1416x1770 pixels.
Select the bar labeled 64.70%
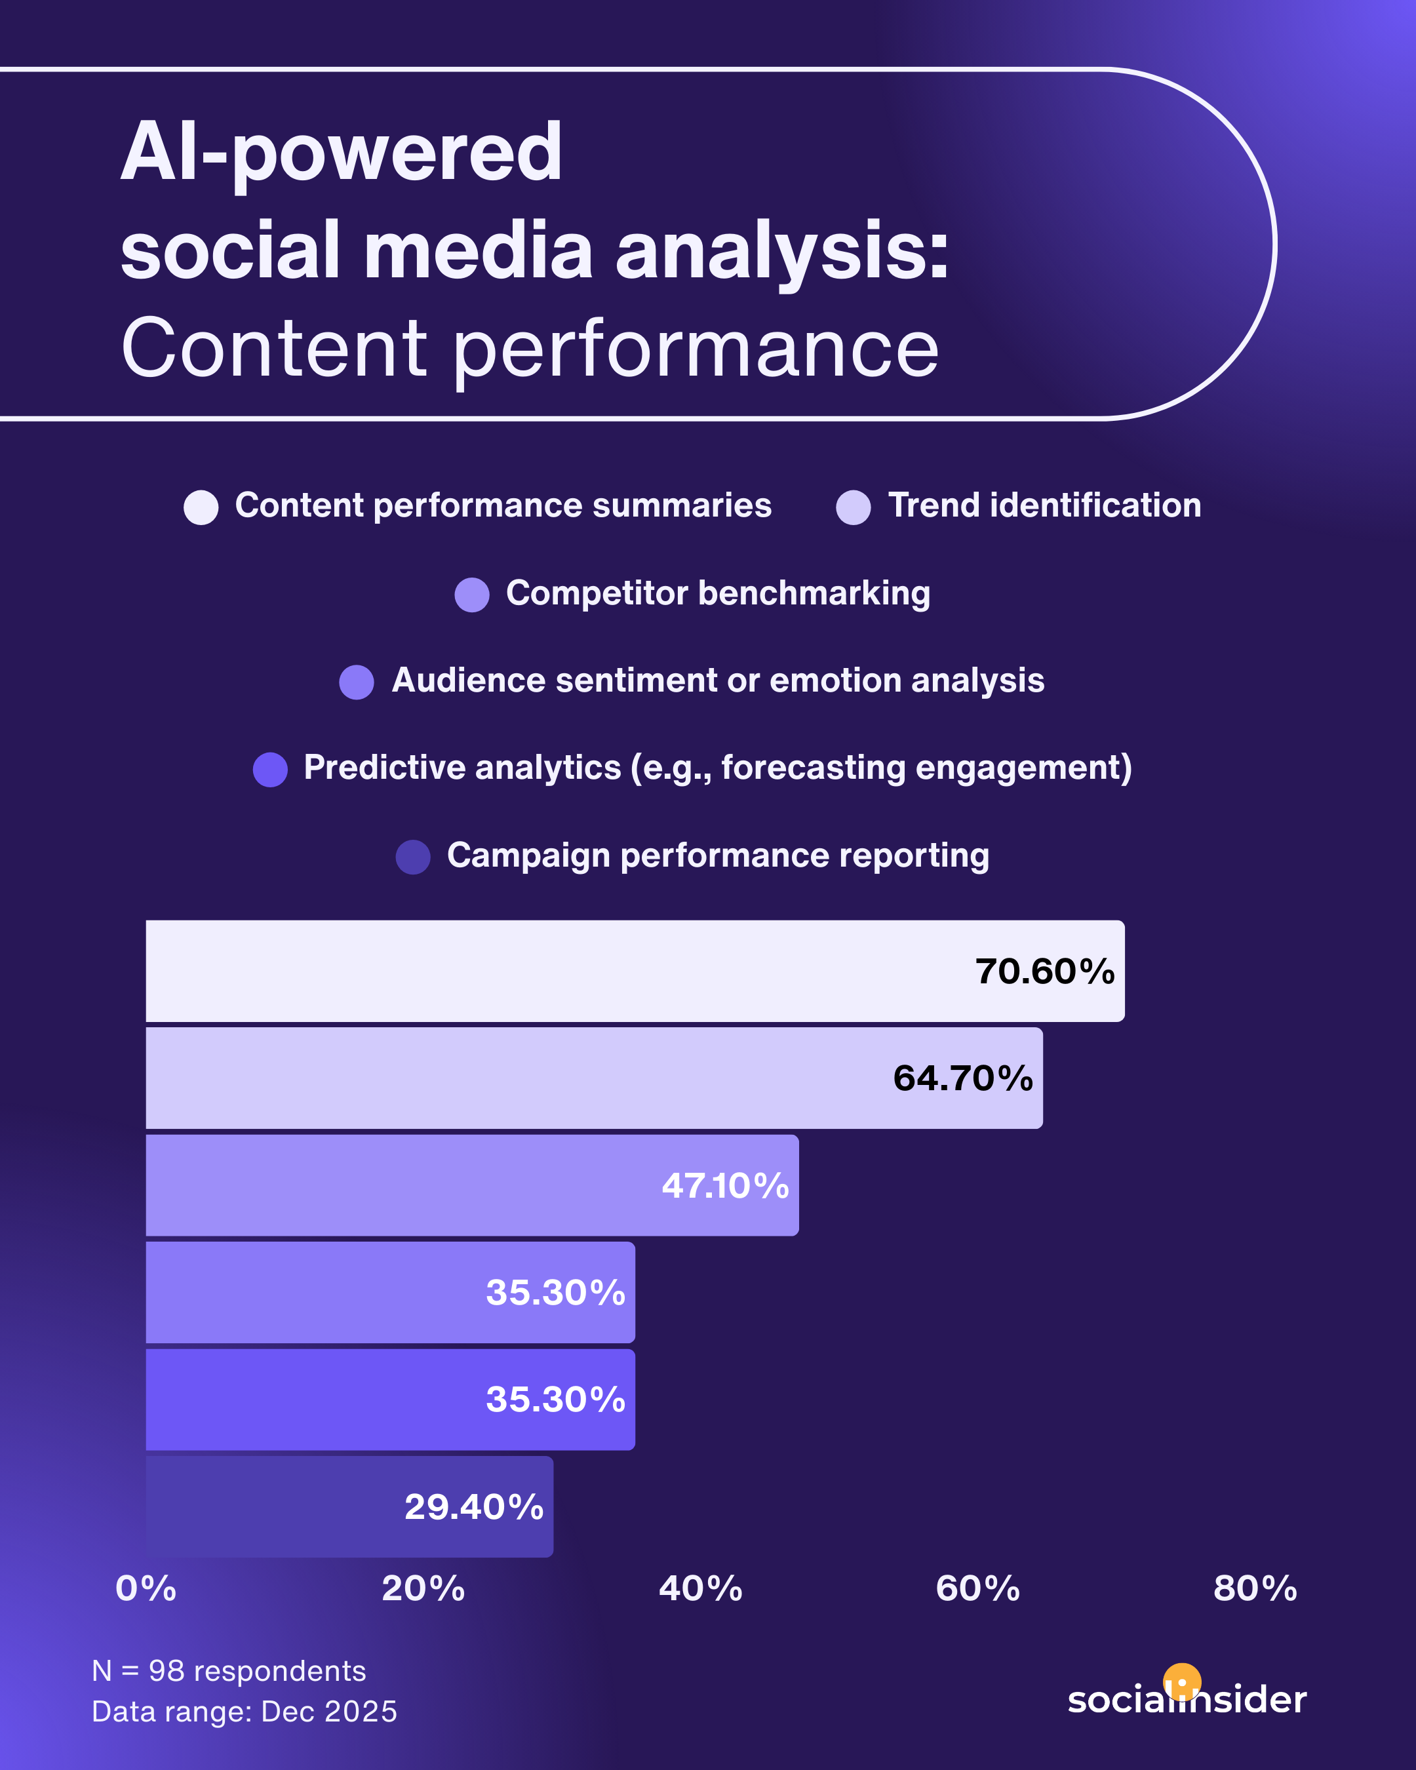(x=595, y=1078)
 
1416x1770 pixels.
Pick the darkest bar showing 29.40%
(x=349, y=1507)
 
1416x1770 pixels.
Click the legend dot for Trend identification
(x=853, y=507)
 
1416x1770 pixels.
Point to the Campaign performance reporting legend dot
(x=413, y=857)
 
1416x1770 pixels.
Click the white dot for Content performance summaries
(x=201, y=507)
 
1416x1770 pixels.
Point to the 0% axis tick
(x=146, y=1588)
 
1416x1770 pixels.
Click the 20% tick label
(x=423, y=1588)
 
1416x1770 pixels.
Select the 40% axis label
(x=700, y=1588)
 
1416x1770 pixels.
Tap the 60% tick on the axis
(x=977, y=1588)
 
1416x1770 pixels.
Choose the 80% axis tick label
(x=1255, y=1588)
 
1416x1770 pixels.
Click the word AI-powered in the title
(x=342, y=153)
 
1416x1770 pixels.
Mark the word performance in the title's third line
(x=696, y=349)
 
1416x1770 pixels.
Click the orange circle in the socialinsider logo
(x=1182, y=1683)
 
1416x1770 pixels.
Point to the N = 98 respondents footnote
(x=229, y=1670)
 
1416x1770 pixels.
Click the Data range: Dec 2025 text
(x=244, y=1712)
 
